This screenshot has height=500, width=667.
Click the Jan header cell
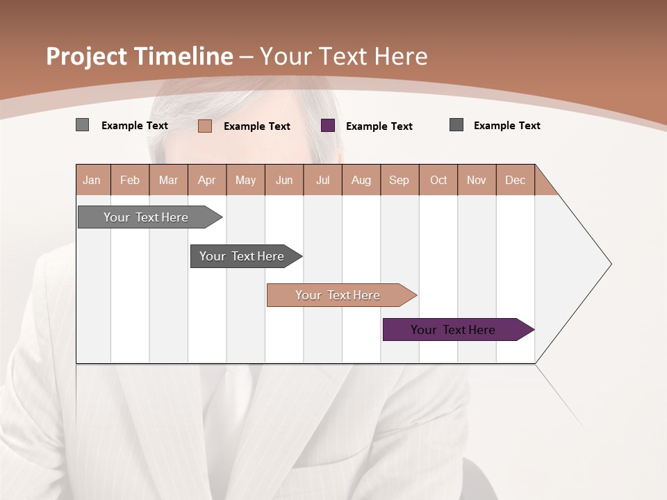pos(92,180)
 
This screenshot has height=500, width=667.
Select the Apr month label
pos(207,180)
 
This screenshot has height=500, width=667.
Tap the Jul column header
pos(322,180)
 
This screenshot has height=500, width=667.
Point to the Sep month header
pos(400,180)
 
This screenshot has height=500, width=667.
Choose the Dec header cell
pos(515,180)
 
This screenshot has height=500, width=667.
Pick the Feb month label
pos(130,180)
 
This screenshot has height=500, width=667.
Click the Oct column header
pos(438,180)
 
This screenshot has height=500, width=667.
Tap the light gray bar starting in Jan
pos(146,217)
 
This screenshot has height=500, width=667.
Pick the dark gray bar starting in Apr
pos(242,256)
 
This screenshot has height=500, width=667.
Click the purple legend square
pos(328,126)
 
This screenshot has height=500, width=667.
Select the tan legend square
pos(205,126)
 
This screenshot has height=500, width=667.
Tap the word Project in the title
pos(87,56)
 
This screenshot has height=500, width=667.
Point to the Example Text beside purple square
pos(379,126)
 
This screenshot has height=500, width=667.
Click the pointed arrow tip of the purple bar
pos(530,330)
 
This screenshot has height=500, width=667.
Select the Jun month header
pos(284,180)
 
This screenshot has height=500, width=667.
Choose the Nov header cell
pos(477,180)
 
